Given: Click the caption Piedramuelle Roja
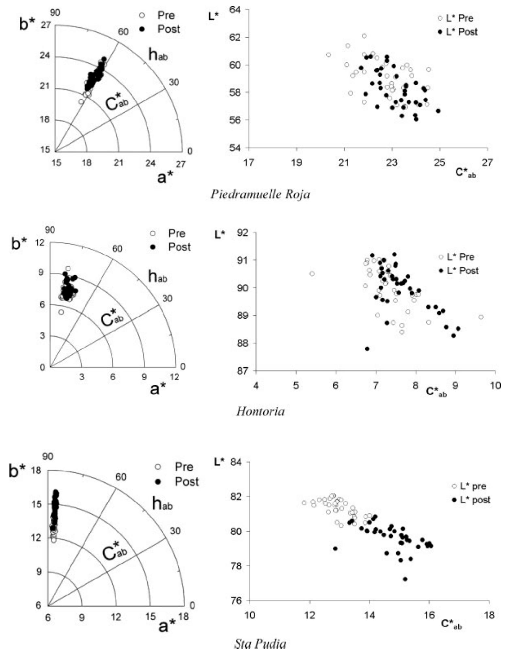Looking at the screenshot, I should pyautogui.click(x=260, y=194).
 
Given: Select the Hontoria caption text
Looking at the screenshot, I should pyautogui.click(x=260, y=412).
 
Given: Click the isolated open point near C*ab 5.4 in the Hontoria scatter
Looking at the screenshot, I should pyautogui.click(x=312, y=273).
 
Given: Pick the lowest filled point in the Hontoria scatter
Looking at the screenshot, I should pyautogui.click(x=367, y=348).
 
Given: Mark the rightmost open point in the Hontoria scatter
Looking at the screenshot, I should pyautogui.click(x=481, y=317).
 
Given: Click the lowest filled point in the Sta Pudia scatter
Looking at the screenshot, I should pyautogui.click(x=405, y=579).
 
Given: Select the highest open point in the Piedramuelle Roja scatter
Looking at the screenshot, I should pyautogui.click(x=364, y=36).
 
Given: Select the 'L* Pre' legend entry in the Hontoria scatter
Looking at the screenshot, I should pyautogui.click(x=458, y=257).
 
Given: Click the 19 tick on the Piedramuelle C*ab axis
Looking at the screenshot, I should pyautogui.click(x=296, y=162).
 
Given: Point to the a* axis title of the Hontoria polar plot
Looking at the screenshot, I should pyautogui.click(x=158, y=389).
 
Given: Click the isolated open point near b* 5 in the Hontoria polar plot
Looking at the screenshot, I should pyautogui.click(x=61, y=312).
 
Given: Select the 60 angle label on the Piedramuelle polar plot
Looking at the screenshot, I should pyautogui.click(x=123, y=32).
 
